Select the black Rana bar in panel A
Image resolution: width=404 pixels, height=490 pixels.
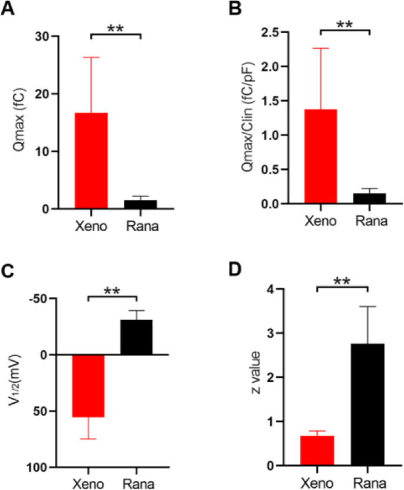(140, 204)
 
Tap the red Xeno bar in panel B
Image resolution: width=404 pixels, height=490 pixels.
(320, 157)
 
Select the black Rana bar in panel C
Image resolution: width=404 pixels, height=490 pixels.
(136, 337)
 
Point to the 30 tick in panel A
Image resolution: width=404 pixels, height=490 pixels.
(45, 37)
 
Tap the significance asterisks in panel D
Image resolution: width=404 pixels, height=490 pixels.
(342, 279)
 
